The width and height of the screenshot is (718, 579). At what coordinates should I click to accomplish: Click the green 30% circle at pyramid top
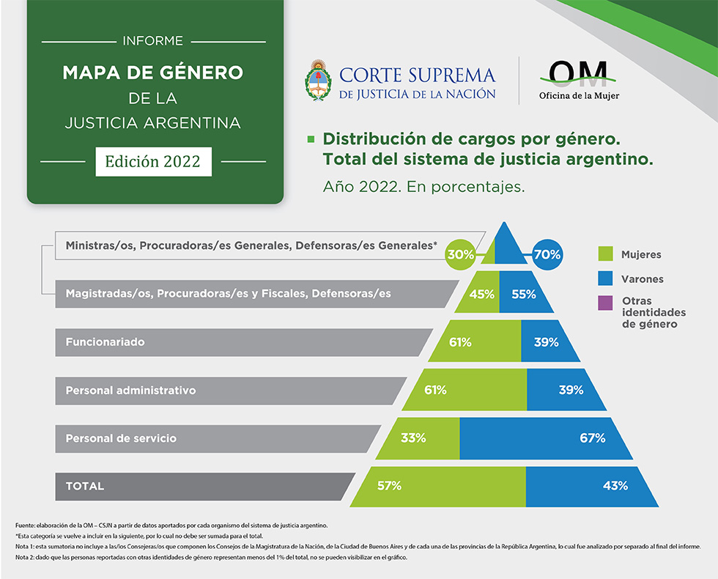pyautogui.click(x=462, y=255)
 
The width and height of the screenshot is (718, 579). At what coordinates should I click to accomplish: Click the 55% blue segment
pyautogui.click(x=524, y=295)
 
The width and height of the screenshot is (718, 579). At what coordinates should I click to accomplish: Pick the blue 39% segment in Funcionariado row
pyautogui.click(x=547, y=342)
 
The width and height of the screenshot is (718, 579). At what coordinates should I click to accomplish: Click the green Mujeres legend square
pyautogui.click(x=605, y=254)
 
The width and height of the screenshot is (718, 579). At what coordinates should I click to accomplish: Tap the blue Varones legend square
pyautogui.click(x=605, y=279)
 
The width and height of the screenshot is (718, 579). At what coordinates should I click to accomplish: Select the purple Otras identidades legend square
pyautogui.click(x=605, y=303)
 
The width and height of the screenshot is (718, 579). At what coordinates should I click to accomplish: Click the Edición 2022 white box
pyautogui.click(x=153, y=161)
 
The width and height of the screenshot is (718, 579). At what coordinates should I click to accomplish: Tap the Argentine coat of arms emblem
pyautogui.click(x=318, y=80)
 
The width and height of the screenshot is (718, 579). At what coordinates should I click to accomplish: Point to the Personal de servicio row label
pyautogui.click(x=121, y=438)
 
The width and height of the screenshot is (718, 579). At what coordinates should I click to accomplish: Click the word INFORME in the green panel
pyautogui.click(x=153, y=41)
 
